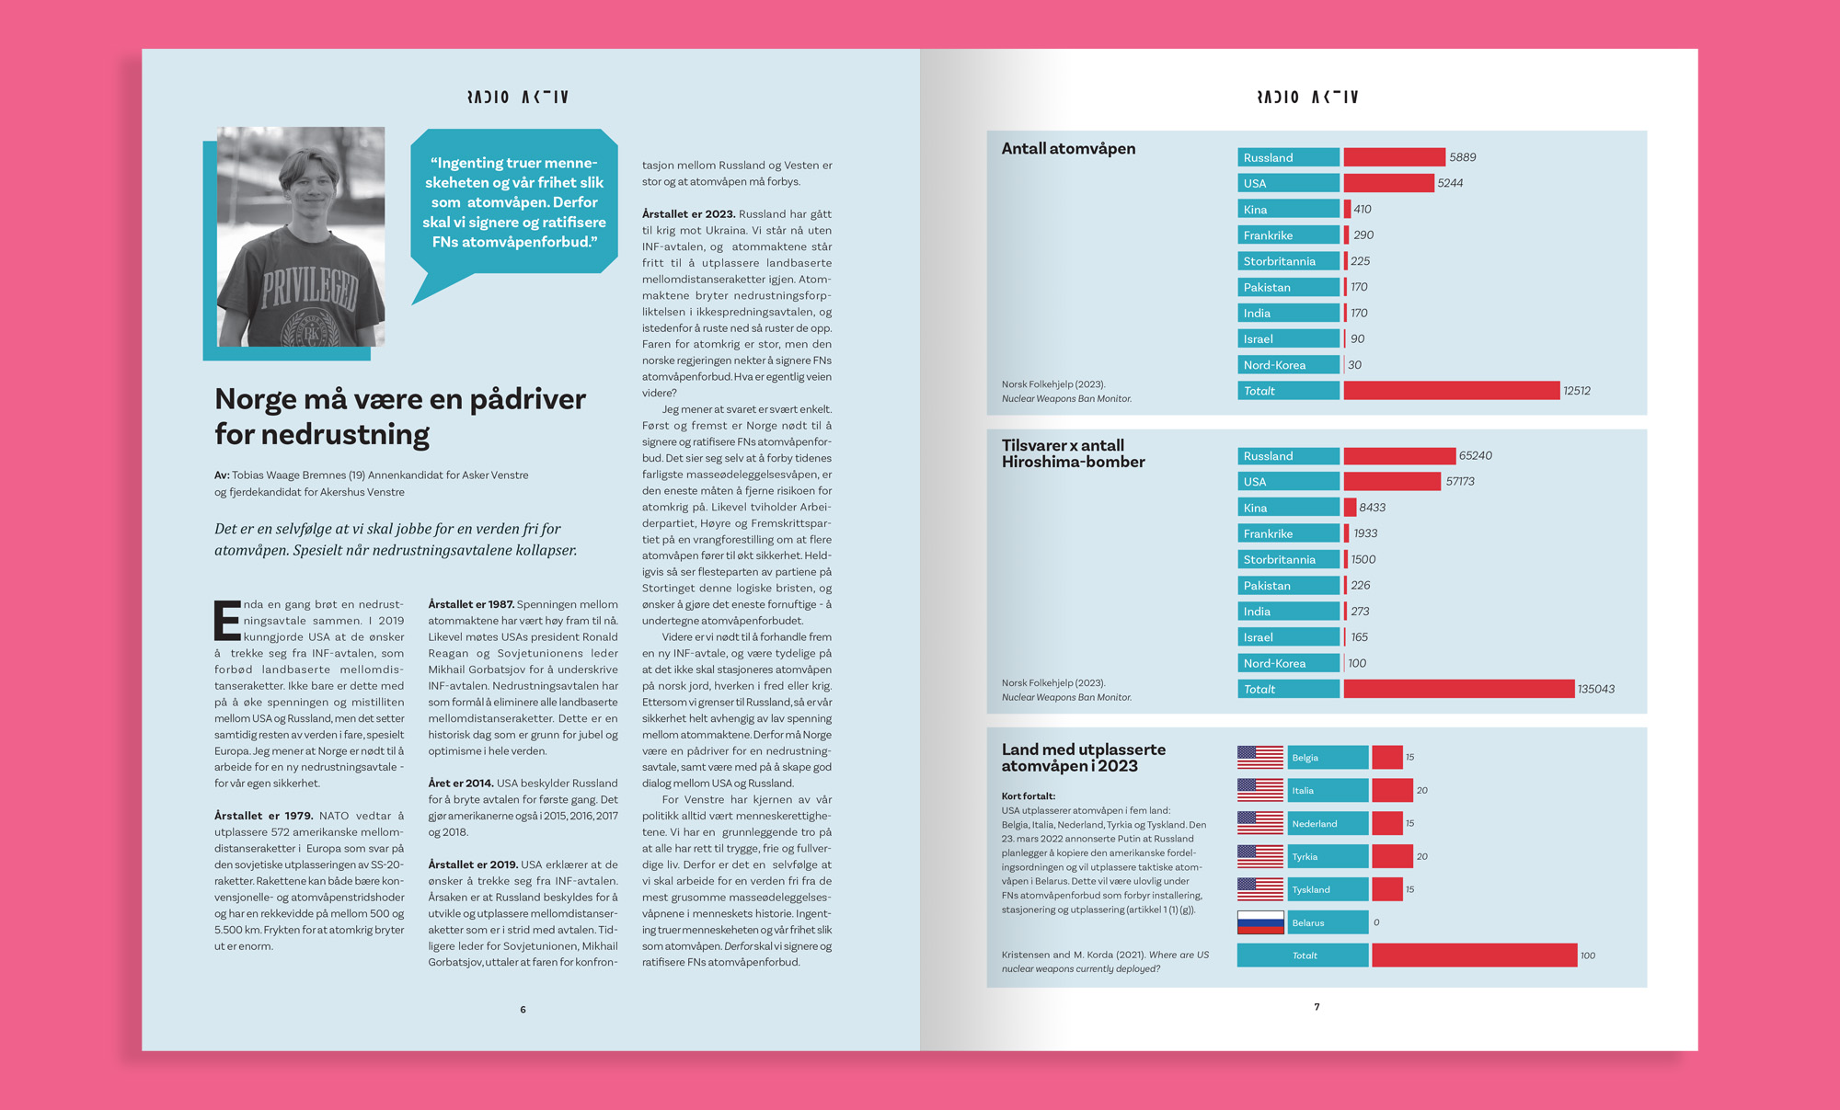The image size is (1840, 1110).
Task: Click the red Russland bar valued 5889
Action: coord(1394,157)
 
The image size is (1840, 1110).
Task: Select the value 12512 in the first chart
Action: coord(1576,391)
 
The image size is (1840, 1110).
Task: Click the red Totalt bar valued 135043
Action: coord(1458,689)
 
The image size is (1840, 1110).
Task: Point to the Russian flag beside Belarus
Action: coord(1259,922)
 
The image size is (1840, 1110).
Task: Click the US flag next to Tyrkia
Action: coord(1259,856)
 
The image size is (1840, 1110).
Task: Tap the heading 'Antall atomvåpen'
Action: coord(1068,149)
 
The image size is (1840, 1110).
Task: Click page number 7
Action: coord(1317,1007)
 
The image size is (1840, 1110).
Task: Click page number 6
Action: coord(523,1010)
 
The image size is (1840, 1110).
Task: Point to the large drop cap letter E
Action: coord(226,621)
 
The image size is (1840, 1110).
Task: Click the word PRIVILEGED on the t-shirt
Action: coord(310,289)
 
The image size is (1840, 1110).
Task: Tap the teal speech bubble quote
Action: coord(513,202)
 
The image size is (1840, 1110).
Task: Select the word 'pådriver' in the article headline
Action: coord(527,400)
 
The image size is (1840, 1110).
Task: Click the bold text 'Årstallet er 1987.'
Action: coord(470,604)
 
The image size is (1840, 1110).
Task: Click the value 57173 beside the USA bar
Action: coord(1459,482)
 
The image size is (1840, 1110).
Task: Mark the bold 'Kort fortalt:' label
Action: coord(1028,796)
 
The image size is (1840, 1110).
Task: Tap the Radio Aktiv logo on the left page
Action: coord(517,97)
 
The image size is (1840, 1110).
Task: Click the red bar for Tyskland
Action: coord(1386,889)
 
